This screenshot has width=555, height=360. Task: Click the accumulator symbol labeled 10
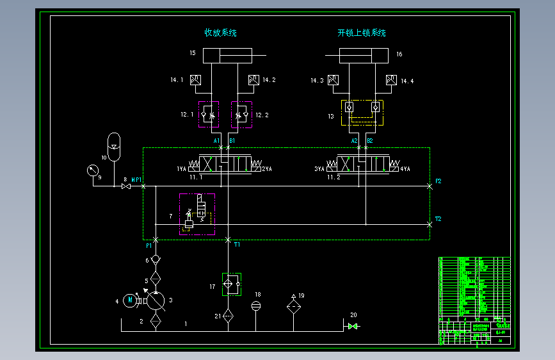coord(113,147)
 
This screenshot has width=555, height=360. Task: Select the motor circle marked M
coord(131,299)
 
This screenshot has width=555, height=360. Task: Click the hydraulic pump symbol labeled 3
coord(156,300)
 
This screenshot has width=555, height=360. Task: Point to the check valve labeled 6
coord(156,259)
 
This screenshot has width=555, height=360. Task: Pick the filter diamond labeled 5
coord(156,279)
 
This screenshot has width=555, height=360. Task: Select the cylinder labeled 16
coord(363,56)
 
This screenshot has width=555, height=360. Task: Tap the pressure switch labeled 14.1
coord(196,80)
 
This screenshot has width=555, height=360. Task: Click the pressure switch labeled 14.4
coord(391,80)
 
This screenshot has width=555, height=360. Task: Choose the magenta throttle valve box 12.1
coord(208,115)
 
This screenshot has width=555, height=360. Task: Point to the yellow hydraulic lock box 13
coord(362,113)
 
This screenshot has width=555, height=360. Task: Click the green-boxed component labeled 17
coord(230,283)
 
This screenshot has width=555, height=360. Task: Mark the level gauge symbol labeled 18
coord(256,305)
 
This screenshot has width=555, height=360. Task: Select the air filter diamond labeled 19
coord(293,307)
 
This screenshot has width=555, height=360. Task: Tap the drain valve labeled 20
coord(352,326)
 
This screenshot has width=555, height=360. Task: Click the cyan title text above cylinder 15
coord(220,33)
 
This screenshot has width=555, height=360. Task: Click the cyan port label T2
coord(438,219)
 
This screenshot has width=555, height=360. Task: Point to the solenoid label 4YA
coord(405,169)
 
